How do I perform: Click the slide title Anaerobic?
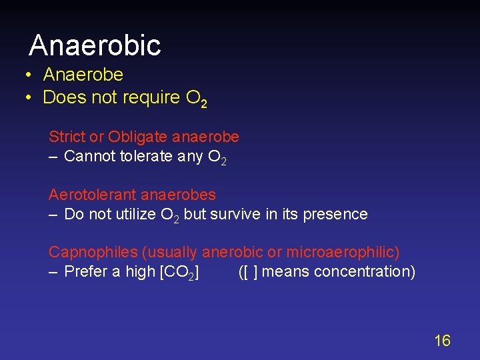pos(95,45)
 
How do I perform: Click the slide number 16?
pos(442,341)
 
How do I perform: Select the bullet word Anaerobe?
pos(83,75)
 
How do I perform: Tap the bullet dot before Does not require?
pos(29,97)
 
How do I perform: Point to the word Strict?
pos(67,137)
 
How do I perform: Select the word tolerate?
pos(147,157)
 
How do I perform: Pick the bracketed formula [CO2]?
pos(178,272)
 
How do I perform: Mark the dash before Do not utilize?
pos(53,214)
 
